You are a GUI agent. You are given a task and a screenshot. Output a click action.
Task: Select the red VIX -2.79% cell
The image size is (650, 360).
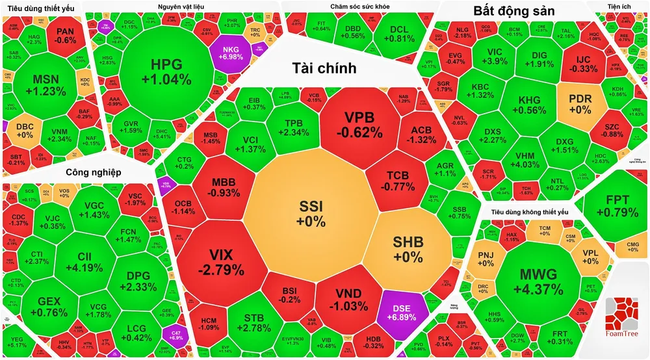click(218, 260)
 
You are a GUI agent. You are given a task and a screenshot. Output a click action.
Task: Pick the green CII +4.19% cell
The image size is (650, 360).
click(84, 260)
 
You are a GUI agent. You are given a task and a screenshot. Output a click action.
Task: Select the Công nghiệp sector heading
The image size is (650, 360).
click(95, 172)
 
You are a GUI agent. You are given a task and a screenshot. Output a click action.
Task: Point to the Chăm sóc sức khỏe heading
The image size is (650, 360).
click(357, 6)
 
